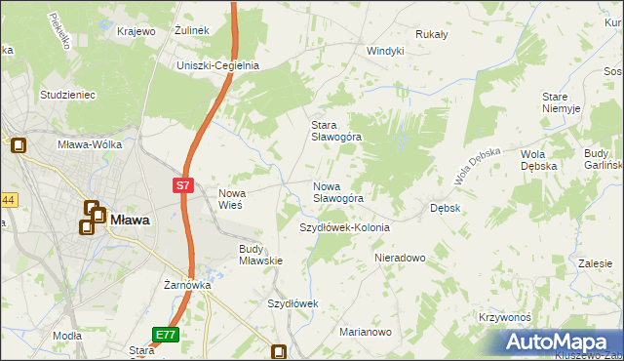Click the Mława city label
130,221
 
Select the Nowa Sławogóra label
338,192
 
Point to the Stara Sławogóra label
335,131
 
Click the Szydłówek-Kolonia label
344,227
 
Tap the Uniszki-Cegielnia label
216,65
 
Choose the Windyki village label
385,51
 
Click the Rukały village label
431,34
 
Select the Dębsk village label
446,208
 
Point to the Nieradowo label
401,259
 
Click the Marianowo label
366,333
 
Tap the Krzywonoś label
504,318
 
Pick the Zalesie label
595,263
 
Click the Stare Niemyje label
562,102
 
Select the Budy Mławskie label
260,255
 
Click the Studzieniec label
66,95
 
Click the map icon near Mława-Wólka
19,146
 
